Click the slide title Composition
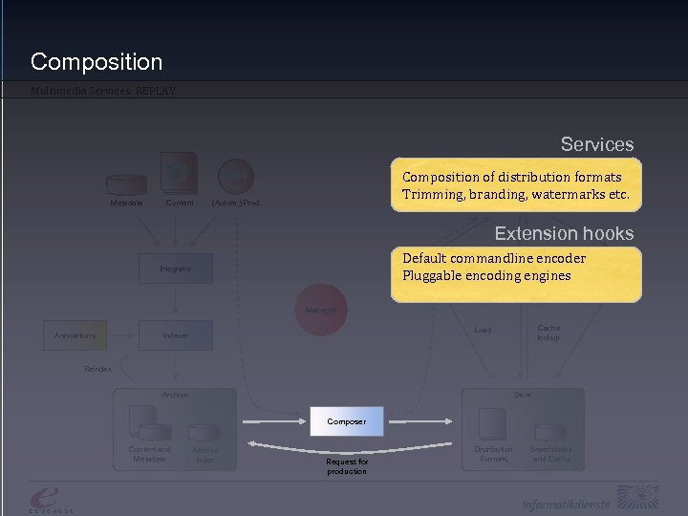click(97, 62)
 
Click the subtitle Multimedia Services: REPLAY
click(103, 92)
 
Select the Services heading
click(596, 144)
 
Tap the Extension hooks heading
click(563, 233)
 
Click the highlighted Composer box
click(346, 420)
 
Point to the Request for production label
click(346, 466)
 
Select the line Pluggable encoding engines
click(486, 275)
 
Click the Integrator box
click(176, 269)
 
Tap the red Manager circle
click(320, 310)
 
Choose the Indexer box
click(175, 335)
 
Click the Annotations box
click(75, 335)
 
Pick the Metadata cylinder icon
click(127, 183)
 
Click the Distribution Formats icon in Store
click(493, 424)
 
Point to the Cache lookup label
click(548, 333)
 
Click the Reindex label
click(97, 368)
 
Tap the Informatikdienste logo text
click(567, 504)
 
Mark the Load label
click(483, 330)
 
